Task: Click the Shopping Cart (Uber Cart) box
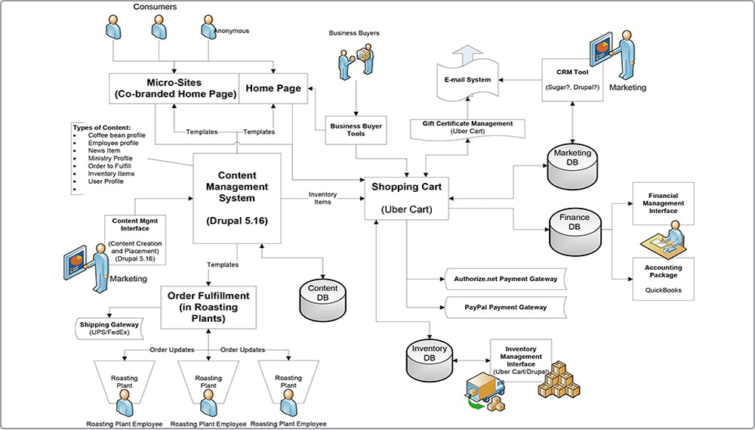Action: tap(407, 199)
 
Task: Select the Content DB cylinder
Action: tap(322, 299)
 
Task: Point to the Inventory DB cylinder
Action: tap(429, 360)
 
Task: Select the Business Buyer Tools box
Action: tap(356, 129)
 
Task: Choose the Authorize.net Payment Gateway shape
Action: tap(505, 279)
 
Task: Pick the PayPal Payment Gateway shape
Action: tap(505, 308)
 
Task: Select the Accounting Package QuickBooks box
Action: tap(663, 278)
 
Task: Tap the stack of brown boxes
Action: tap(559, 379)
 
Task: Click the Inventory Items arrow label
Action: tap(322, 198)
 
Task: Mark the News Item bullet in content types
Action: tap(103, 151)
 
